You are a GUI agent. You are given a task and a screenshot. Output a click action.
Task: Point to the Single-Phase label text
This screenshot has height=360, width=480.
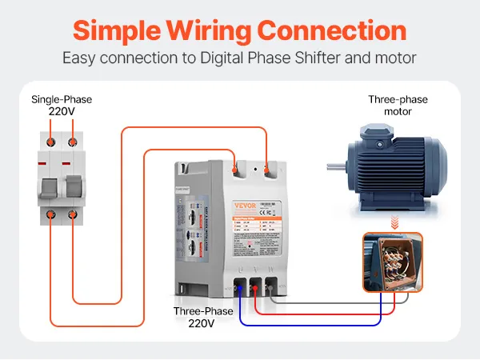tap(62, 100)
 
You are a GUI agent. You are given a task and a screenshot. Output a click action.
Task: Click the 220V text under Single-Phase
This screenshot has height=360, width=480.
tap(62, 113)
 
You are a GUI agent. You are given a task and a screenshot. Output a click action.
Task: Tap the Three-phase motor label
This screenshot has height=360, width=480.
tap(398, 106)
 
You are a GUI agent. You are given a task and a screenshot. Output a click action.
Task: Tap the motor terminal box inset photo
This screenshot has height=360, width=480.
tap(392, 262)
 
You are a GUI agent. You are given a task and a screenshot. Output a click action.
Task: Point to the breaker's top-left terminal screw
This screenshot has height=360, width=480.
tap(50, 142)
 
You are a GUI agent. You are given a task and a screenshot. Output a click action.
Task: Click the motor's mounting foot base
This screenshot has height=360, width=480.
tap(400, 204)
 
